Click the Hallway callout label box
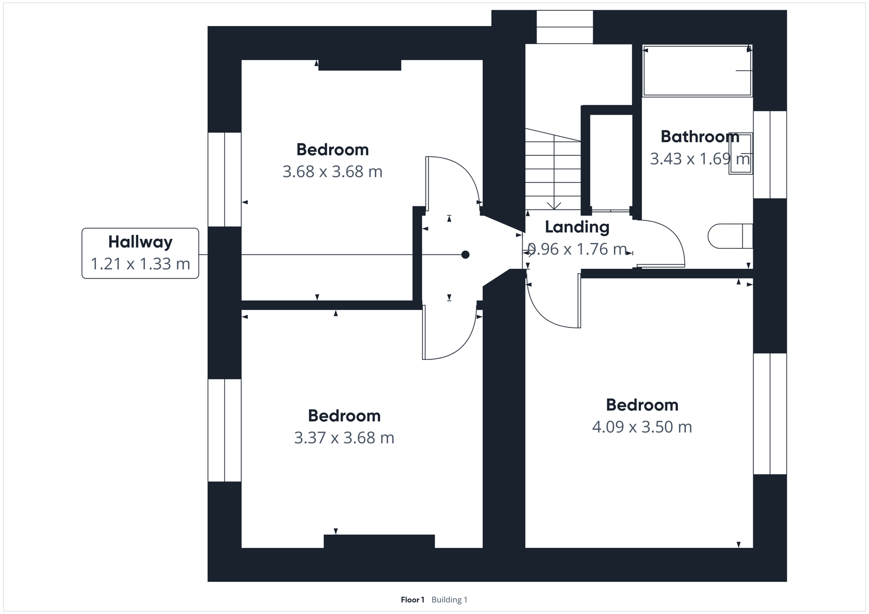tap(140, 253)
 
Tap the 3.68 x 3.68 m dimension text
tap(332, 172)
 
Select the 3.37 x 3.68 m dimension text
tap(344, 438)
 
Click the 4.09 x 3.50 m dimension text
tap(642, 427)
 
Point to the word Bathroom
tap(700, 136)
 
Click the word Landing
tap(577, 227)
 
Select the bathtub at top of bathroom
tap(697, 71)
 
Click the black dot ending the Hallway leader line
tap(465, 255)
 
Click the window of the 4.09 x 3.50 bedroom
tap(770, 414)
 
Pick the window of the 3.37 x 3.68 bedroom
tap(224, 430)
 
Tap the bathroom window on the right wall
tap(770, 155)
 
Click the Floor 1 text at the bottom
tap(412, 600)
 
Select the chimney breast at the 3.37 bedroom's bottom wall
tap(379, 541)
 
